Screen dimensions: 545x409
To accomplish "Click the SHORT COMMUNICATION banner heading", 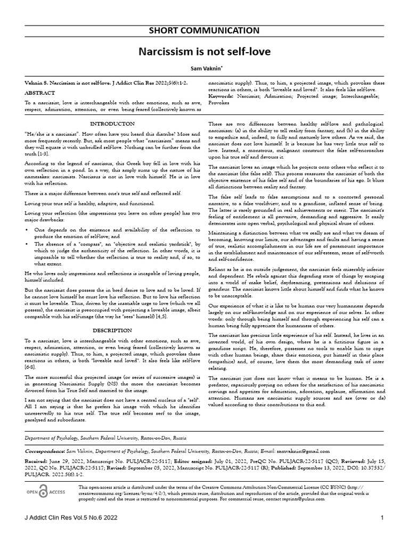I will (204, 30).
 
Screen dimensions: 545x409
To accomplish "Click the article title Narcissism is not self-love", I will (204, 52).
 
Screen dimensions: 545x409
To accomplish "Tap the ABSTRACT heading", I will (36, 92).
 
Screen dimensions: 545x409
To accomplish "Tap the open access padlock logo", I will (44, 492).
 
